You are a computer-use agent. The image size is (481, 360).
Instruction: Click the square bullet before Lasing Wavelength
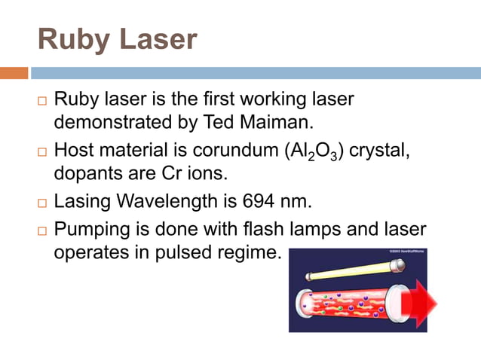pyautogui.click(x=41, y=203)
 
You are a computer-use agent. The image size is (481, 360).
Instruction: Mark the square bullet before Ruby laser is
pyautogui.click(x=41, y=100)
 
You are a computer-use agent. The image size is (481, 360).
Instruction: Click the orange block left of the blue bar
pyautogui.click(x=14, y=73)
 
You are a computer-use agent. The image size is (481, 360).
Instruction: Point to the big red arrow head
pyautogui.click(x=423, y=303)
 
